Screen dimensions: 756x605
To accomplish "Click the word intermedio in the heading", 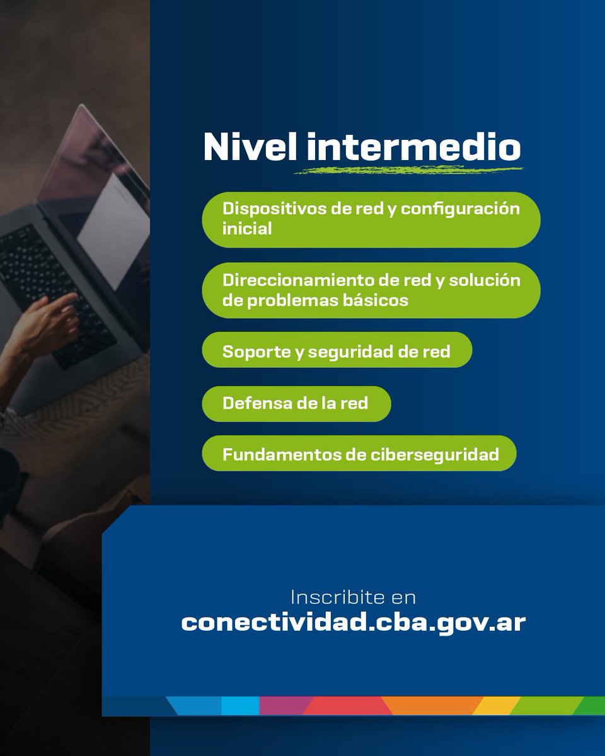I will tap(414, 147).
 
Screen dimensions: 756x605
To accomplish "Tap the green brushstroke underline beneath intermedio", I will tap(410, 169).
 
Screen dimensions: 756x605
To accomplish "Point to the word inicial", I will tap(247, 229).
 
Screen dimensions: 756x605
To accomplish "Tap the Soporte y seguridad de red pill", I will tap(337, 351).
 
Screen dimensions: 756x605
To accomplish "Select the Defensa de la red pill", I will tap(296, 403).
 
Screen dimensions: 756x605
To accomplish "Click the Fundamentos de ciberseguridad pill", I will tap(359, 454).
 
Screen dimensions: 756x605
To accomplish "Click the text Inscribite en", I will tap(353, 597).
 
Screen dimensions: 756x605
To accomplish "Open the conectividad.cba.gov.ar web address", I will tap(353, 622).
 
